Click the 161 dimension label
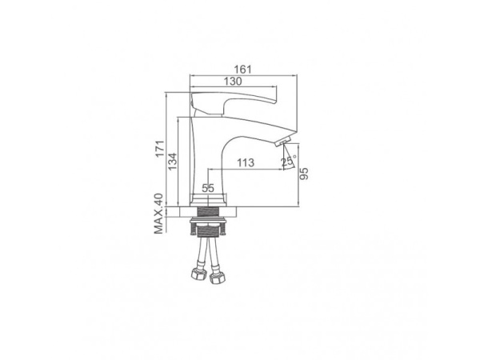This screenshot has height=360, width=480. [x=242, y=70]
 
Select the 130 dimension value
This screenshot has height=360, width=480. [x=233, y=82]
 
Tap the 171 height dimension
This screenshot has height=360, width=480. [x=160, y=149]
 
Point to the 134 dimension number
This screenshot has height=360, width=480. [x=172, y=162]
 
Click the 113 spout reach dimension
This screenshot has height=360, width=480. [x=246, y=162]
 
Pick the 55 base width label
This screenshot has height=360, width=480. [x=208, y=188]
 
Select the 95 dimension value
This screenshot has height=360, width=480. [x=304, y=174]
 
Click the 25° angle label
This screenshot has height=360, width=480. [x=289, y=161]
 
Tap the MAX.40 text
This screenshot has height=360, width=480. [x=158, y=214]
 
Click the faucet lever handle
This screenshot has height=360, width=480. [x=233, y=101]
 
